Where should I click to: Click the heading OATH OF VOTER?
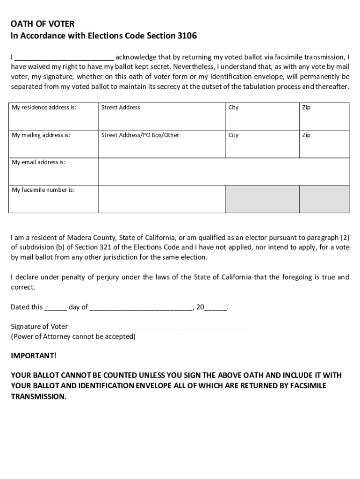coord(43,24)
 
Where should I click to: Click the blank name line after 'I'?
coord(64,58)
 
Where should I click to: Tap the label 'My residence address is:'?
coord(43,108)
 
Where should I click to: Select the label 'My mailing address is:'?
coord(41,135)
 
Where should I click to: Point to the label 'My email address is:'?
coord(38,162)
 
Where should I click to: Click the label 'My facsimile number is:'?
coord(43,190)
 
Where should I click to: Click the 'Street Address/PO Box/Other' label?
coord(140,135)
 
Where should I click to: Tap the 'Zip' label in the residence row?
coord(306,108)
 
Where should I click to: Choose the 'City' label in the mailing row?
coord(233,135)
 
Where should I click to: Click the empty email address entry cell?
coord(223,172)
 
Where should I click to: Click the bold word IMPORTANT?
coord(33,356)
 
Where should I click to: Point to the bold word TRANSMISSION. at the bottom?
coord(39,396)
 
